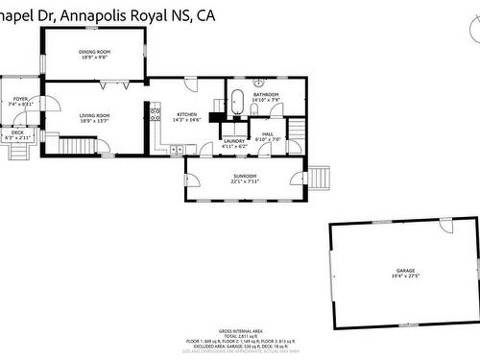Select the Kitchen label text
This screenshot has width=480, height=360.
pyautogui.click(x=186, y=114)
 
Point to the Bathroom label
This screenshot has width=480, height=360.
pyautogui.click(x=266, y=94)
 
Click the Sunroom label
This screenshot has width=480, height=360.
pyautogui.click(x=245, y=176)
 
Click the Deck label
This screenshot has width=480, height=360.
pyautogui.click(x=18, y=132)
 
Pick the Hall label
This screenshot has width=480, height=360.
pyautogui.click(x=268, y=133)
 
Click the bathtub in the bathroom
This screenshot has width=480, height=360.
pyautogui.click(x=236, y=101)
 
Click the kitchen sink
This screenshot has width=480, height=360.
pyautogui.click(x=178, y=150)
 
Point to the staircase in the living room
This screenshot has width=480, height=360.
pyautogui.click(x=79, y=146)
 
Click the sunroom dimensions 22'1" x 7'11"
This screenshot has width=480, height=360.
pyautogui.click(x=245, y=181)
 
